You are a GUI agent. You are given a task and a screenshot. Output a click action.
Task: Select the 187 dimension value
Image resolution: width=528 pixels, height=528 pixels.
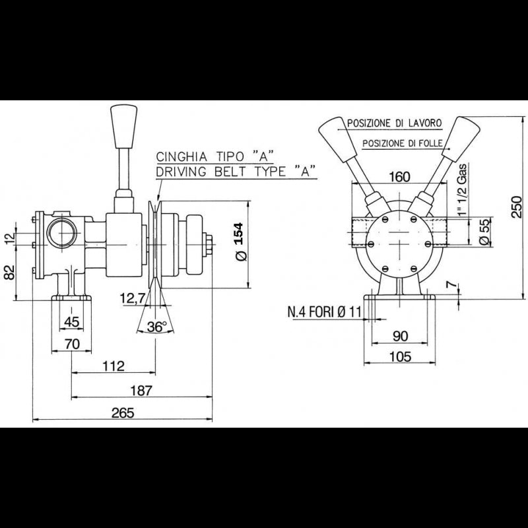click(141, 390)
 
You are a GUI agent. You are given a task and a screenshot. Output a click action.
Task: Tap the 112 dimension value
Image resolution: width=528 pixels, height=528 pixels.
click(114, 366)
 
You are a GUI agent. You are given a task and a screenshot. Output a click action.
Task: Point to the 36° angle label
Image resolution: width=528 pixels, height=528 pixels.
click(156, 327)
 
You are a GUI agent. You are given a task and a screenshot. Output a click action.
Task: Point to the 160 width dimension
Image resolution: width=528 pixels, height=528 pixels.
click(400, 177)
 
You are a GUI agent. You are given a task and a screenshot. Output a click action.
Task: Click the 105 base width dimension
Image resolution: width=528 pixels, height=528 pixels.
click(400, 356)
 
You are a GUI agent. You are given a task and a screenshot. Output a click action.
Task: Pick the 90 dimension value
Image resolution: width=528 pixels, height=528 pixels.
click(400, 335)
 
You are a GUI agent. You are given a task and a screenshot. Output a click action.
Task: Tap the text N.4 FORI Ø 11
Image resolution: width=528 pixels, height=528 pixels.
click(324, 312)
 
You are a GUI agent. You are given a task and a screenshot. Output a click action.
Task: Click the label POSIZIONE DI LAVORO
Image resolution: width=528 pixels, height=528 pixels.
click(395, 124)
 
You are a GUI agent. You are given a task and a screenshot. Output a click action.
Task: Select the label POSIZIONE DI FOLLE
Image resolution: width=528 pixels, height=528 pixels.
click(398, 143)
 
